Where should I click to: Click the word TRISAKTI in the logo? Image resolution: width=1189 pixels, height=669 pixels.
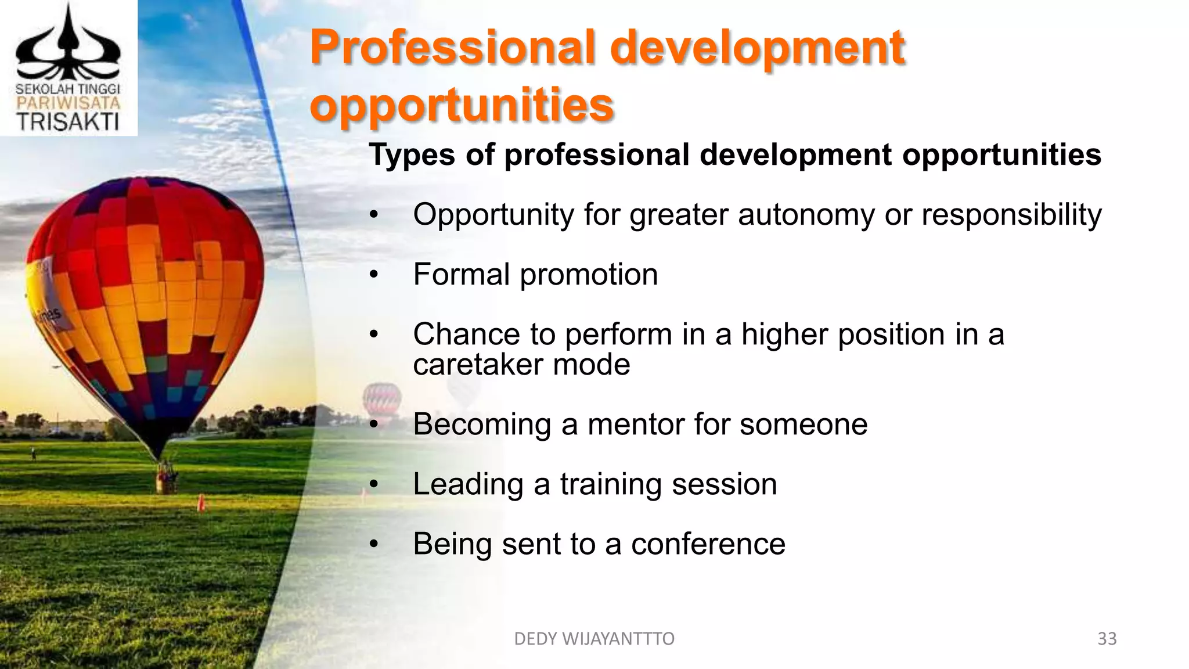(68, 122)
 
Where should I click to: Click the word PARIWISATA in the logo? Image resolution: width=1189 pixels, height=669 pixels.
(68, 103)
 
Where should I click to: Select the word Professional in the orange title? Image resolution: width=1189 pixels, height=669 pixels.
(453, 48)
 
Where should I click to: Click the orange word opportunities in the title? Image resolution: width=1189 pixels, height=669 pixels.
(462, 106)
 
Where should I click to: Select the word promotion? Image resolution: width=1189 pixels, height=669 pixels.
(589, 275)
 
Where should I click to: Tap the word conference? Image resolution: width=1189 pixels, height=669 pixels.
(708, 544)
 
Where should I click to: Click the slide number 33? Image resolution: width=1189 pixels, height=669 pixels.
(1107, 639)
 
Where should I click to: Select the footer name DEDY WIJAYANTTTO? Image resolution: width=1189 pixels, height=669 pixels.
(594, 639)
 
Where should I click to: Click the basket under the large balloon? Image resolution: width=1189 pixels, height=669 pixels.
(167, 479)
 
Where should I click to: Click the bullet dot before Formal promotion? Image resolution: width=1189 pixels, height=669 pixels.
(374, 275)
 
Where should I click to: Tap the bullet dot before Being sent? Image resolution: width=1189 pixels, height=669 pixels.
(374, 545)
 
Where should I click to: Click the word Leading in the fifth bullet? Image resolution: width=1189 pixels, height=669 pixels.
(468, 484)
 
